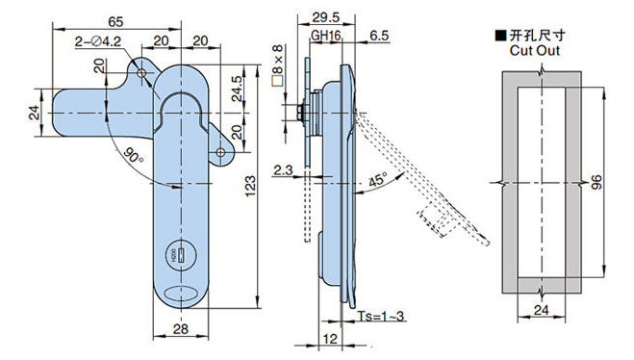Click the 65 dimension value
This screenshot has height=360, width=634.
click(115, 21)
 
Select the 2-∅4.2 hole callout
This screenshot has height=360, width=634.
click(98, 41)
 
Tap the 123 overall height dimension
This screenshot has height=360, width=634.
click(250, 186)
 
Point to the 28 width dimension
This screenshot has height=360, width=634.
click(180, 329)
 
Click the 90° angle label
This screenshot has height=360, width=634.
click(133, 156)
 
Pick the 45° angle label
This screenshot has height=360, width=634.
click(378, 179)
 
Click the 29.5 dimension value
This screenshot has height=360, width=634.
click(326, 17)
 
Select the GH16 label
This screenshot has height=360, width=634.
click(325, 36)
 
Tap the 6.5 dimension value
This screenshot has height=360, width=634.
click(379, 36)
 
